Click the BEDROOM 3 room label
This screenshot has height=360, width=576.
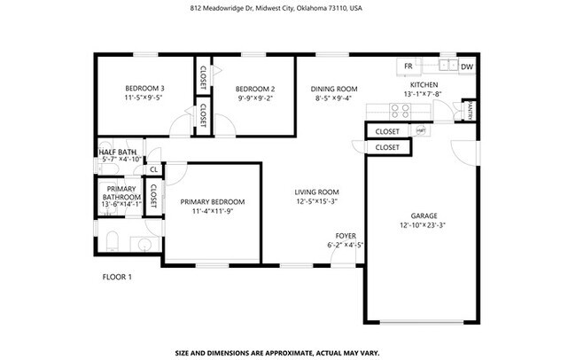(144, 89)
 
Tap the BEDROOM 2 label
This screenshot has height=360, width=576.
(255, 89)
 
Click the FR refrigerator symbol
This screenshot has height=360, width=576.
(409, 67)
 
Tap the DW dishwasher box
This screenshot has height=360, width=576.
(467, 67)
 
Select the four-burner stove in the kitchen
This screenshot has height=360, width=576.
(401, 111)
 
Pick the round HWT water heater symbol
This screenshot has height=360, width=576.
(421, 130)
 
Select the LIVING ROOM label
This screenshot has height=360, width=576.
(317, 192)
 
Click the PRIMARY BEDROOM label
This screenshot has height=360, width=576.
(213, 202)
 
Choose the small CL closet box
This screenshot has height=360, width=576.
(153, 168)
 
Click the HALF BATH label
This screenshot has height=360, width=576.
(118, 153)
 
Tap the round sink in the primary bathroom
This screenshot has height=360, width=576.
(144, 244)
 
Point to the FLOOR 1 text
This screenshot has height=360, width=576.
(117, 278)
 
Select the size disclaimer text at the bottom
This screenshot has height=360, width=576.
(278, 351)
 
